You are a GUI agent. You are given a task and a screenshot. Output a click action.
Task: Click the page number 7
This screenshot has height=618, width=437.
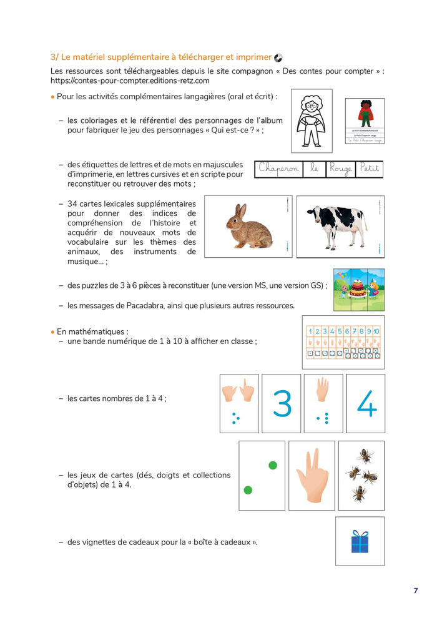(415, 591)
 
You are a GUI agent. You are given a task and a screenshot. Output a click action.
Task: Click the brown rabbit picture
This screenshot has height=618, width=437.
(249, 227)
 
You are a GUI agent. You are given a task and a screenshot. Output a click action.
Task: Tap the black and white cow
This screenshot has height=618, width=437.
(337, 227)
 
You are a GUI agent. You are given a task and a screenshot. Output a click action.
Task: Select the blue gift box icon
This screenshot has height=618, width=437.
(360, 541)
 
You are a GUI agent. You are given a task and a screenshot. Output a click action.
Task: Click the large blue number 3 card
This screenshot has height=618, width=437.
(282, 404)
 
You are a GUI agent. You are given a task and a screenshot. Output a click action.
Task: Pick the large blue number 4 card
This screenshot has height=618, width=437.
(366, 404)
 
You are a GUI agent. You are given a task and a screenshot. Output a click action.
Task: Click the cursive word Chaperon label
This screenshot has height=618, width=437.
(278, 169)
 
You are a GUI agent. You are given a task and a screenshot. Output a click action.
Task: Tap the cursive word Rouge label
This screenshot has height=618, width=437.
(340, 169)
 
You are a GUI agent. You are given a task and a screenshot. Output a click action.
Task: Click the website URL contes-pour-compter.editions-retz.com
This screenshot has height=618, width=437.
(130, 81)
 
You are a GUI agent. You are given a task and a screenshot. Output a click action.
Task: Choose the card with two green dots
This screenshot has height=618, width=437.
(262, 476)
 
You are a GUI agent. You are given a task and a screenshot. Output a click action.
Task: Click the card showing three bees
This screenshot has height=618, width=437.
(361, 476)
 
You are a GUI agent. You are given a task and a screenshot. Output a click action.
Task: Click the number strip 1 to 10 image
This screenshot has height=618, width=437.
(343, 342)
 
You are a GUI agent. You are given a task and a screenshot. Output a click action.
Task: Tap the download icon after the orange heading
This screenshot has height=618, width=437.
(278, 57)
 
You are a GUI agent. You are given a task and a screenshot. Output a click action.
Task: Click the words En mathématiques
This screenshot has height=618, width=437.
(92, 331)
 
